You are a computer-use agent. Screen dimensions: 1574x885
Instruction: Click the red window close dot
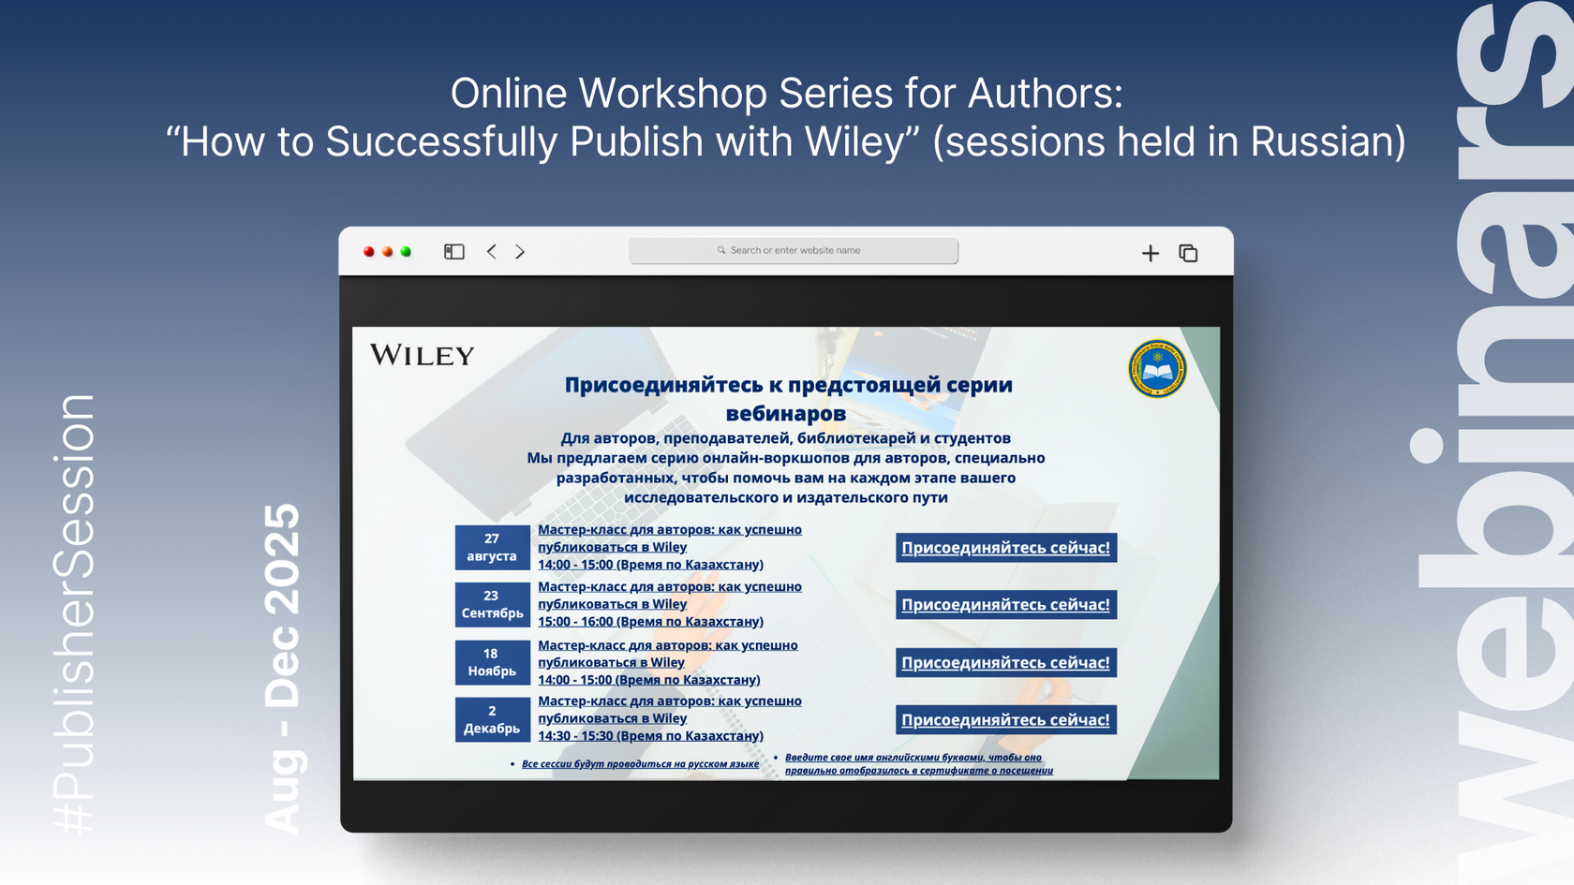pyautogui.click(x=368, y=251)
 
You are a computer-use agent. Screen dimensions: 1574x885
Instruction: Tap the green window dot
pyautogui.click(x=406, y=251)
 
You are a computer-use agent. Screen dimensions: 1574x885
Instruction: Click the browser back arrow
pyautogui.click(x=492, y=251)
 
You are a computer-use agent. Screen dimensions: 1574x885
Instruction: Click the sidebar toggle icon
pyautogui.click(x=453, y=251)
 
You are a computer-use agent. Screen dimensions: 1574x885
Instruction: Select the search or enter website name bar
pyautogui.click(x=794, y=251)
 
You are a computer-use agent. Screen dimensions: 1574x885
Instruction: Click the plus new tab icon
pyautogui.click(x=1151, y=253)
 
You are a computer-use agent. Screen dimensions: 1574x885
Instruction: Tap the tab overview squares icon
pyautogui.click(x=1188, y=253)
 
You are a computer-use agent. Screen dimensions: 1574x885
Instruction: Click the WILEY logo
pyautogui.click(x=423, y=356)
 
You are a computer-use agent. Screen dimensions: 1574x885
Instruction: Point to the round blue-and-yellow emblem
pyautogui.click(x=1157, y=369)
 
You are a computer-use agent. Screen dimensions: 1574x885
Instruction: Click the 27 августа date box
pyautogui.click(x=492, y=547)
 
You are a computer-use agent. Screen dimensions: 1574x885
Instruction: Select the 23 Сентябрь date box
pyautogui.click(x=492, y=604)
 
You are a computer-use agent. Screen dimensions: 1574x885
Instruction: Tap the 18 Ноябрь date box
pyautogui.click(x=492, y=662)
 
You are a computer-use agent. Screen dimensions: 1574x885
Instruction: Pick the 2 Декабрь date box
pyautogui.click(x=492, y=719)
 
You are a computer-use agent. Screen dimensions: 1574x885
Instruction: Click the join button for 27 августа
pyautogui.click(x=1006, y=548)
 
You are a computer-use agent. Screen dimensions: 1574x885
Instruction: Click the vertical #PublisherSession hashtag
pyautogui.click(x=75, y=614)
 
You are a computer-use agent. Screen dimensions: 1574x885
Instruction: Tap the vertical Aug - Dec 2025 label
pyautogui.click(x=282, y=669)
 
